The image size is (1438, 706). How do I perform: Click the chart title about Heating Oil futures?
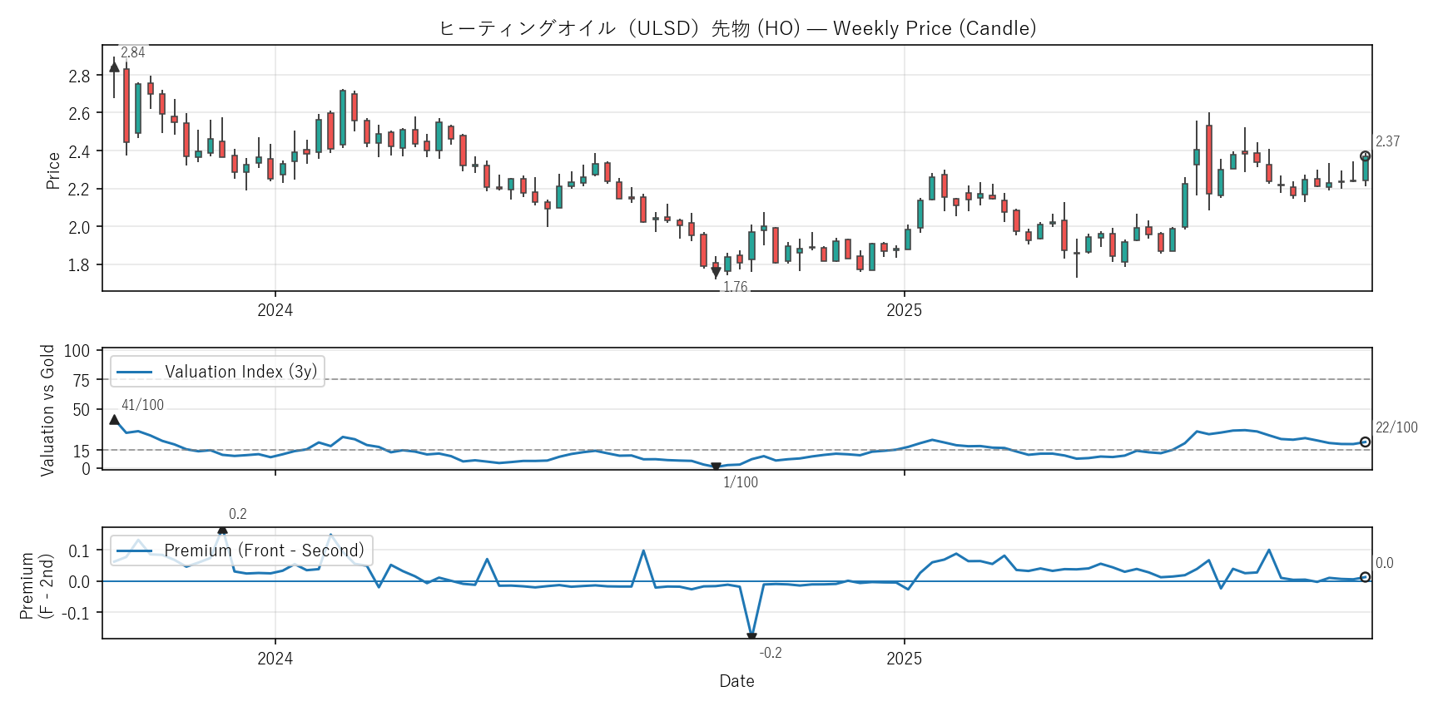[x=737, y=28]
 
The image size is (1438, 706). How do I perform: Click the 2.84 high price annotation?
[x=133, y=52]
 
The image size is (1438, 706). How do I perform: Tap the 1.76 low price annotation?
[x=735, y=287]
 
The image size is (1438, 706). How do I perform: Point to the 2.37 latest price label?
[x=1387, y=141]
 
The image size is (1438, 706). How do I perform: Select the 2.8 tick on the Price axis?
[x=79, y=76]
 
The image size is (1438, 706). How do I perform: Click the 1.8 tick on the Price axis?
[x=79, y=265]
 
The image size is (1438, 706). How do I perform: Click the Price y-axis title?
[x=53, y=170]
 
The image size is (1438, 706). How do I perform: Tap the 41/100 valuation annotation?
[x=142, y=405]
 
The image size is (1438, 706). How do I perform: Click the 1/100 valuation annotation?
[x=740, y=482]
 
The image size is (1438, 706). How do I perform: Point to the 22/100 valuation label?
[x=1396, y=427]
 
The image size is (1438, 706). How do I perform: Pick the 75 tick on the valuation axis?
[x=82, y=380]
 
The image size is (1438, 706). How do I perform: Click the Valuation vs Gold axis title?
[x=47, y=410]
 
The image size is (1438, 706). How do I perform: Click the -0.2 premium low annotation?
[x=771, y=653]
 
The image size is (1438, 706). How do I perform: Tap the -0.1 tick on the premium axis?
[x=78, y=613]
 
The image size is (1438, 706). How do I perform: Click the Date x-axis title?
[x=736, y=681]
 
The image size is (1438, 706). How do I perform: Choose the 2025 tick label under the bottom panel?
[x=904, y=659]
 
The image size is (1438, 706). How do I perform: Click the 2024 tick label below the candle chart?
[x=275, y=310]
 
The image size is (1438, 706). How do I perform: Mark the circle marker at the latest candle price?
[x=1365, y=156]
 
